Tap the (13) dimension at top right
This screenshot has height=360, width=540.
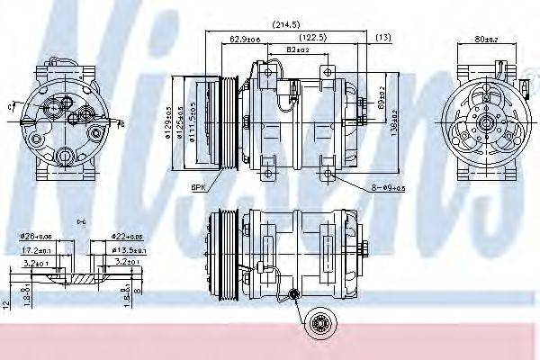tap(383, 38)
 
